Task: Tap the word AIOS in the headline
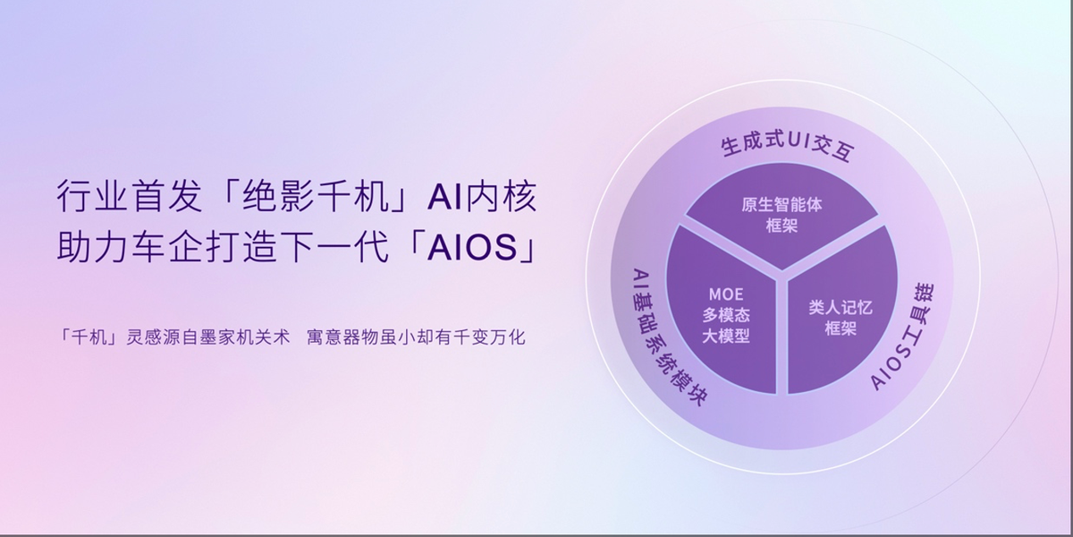coord(473,248)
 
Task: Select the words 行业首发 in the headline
coord(130,196)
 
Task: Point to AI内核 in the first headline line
coord(482,196)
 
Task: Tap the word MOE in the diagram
coord(726,294)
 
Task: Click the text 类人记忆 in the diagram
coord(841,307)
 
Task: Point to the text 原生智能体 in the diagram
coord(782,205)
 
